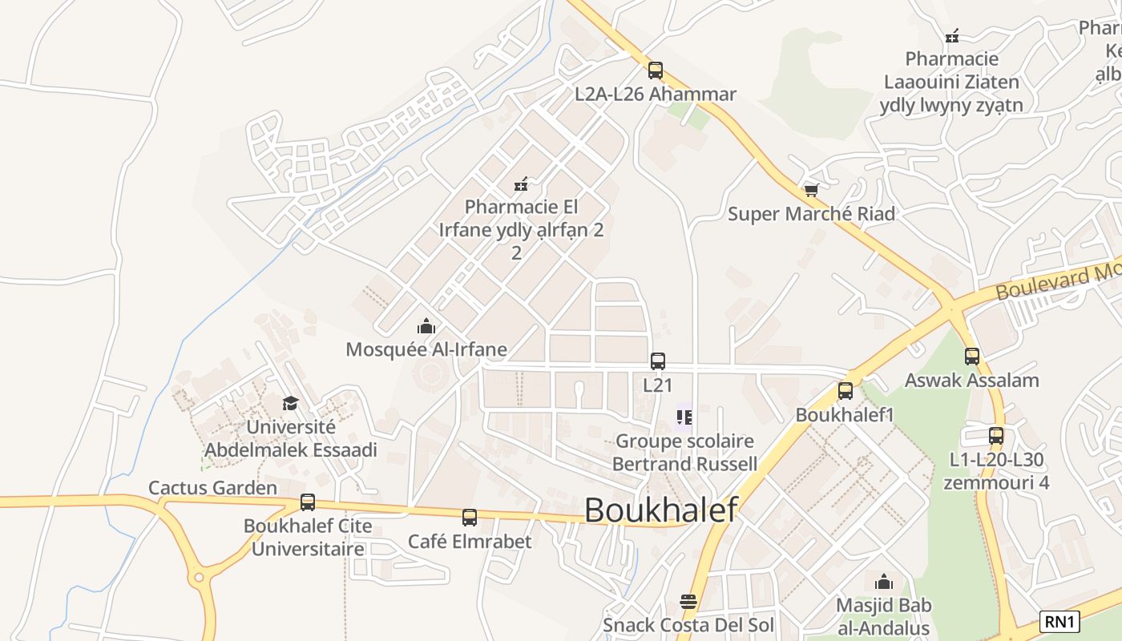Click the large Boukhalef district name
[x=660, y=510]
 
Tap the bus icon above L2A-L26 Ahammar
[x=656, y=71]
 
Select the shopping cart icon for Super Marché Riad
[x=811, y=191]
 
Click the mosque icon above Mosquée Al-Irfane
[x=426, y=326]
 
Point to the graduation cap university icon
[x=290, y=403]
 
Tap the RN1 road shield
[x=1060, y=621]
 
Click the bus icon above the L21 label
[x=658, y=361]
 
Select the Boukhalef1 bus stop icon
[x=846, y=391]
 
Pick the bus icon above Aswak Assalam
[x=972, y=357]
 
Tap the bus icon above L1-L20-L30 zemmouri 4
[x=996, y=436]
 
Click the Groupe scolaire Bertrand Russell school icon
[x=684, y=417]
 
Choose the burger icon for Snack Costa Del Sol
[x=688, y=601]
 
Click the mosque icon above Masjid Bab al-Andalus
[x=883, y=581]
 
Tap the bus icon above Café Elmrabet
[x=470, y=518]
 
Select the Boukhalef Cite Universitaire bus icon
[x=308, y=502]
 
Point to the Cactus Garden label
[x=212, y=487]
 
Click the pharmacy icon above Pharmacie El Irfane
[x=521, y=184]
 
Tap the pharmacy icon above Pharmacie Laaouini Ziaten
[x=952, y=36]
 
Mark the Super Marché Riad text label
[x=811, y=214]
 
